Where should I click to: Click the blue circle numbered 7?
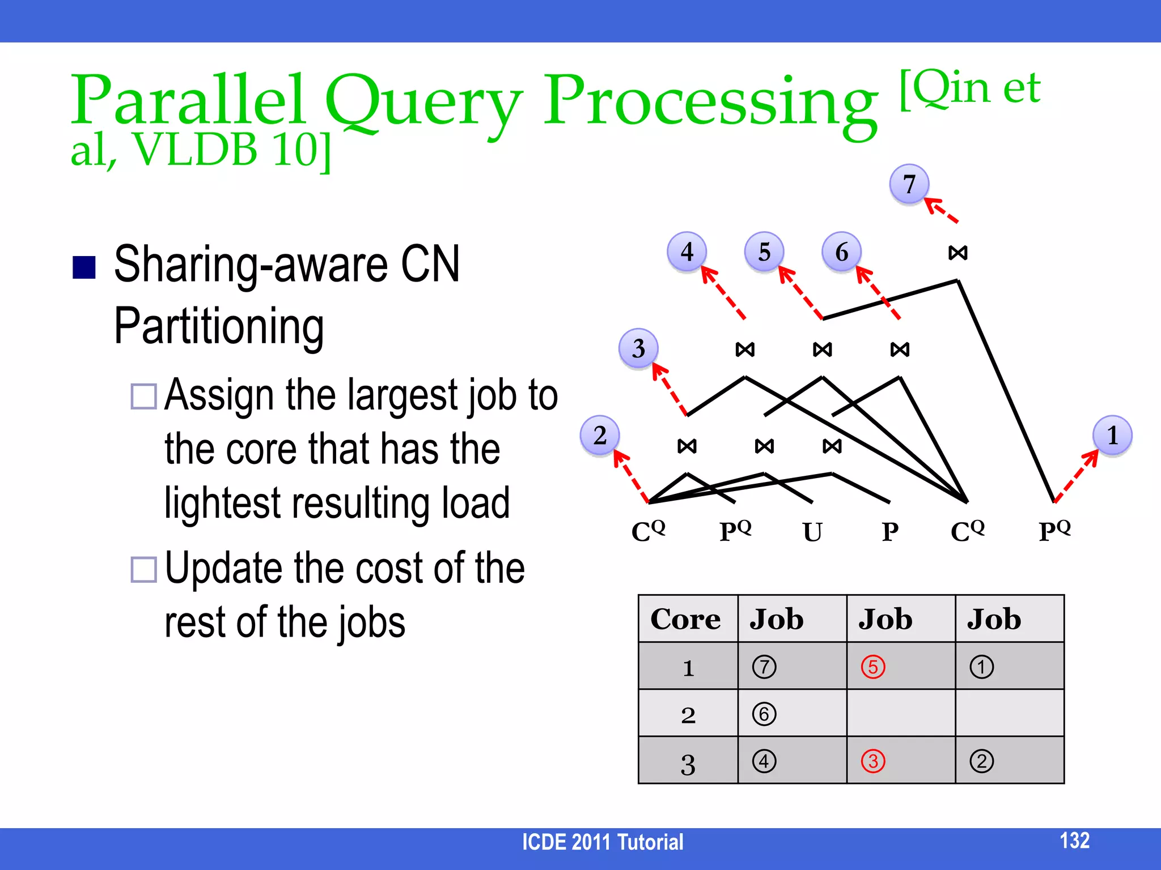tap(909, 184)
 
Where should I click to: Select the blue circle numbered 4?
tap(687, 251)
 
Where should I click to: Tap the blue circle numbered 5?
tap(764, 251)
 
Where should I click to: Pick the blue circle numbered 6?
tap(842, 251)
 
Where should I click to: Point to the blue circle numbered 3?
tap(638, 348)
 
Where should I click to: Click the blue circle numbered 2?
tap(600, 435)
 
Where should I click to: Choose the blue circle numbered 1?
tap(1112, 435)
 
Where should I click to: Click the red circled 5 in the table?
tap(873, 667)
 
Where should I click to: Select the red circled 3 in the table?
tap(873, 761)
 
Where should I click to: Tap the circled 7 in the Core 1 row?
tap(764, 667)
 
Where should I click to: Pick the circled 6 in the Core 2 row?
tap(764, 714)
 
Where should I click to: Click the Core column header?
tap(685, 619)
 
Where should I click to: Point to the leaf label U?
tap(812, 532)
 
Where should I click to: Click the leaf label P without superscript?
tap(890, 532)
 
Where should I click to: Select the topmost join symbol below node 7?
tap(958, 253)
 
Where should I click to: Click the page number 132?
tap(1074, 841)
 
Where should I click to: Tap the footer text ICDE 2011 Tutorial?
tap(603, 842)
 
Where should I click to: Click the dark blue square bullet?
tap(84, 267)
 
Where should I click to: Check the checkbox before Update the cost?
tap(143, 569)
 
